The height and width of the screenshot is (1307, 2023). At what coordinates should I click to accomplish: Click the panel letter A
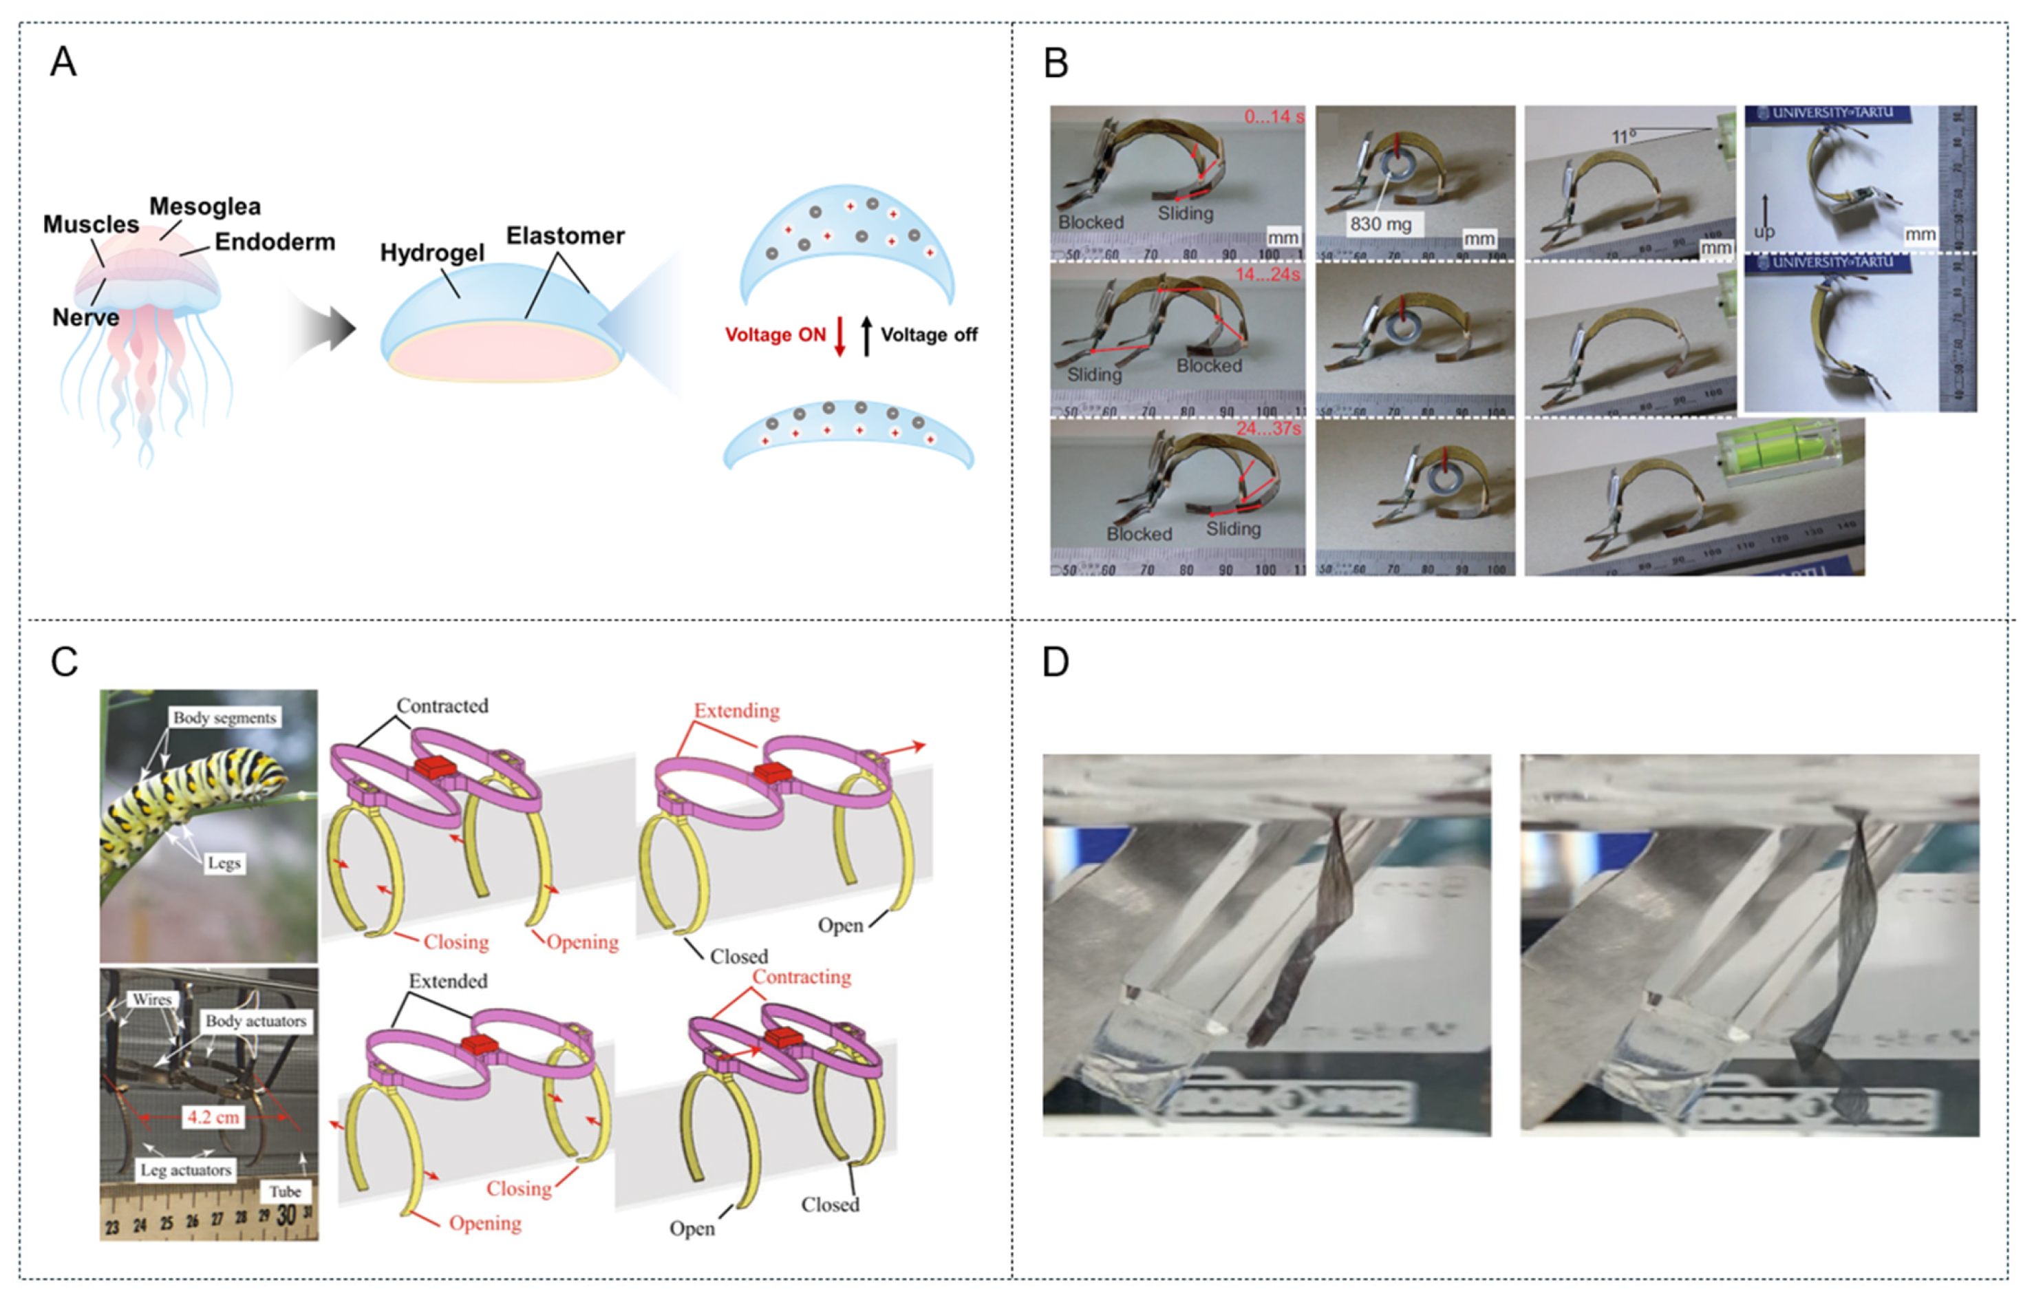click(x=63, y=62)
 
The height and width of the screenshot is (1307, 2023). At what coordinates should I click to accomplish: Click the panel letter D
click(x=1055, y=662)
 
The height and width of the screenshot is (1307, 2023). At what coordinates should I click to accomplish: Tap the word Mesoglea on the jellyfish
click(x=204, y=206)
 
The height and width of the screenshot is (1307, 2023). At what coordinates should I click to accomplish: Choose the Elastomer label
click(x=565, y=236)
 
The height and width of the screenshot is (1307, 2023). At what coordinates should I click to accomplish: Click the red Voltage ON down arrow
click(x=839, y=336)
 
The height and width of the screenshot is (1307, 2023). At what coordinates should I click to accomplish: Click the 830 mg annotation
click(x=1380, y=224)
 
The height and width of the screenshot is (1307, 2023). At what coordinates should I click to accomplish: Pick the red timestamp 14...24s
click(x=1267, y=274)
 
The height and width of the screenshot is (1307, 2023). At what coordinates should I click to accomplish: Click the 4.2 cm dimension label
click(x=213, y=1116)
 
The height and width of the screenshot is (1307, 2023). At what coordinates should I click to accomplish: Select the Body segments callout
click(x=224, y=717)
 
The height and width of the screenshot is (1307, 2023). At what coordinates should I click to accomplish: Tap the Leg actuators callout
click(x=186, y=1169)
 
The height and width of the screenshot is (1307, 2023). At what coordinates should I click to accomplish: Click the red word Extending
click(x=736, y=710)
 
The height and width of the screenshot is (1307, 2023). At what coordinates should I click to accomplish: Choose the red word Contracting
click(x=801, y=977)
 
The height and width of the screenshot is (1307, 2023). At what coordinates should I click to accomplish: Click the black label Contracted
click(x=442, y=706)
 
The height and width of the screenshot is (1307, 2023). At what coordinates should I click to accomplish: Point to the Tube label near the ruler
click(x=285, y=1191)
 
